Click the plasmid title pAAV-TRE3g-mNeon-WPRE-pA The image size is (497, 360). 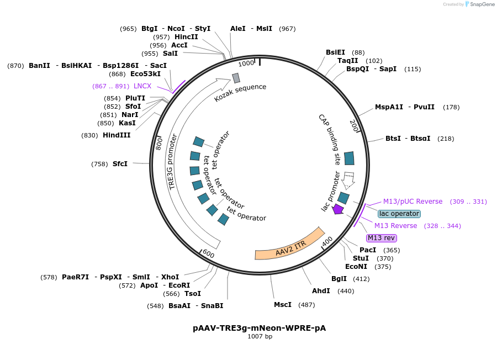(259, 327)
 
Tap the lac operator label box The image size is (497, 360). (399, 214)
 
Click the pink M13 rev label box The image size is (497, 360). (382, 238)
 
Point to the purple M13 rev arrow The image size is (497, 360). (338, 209)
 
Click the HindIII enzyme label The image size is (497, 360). (117, 135)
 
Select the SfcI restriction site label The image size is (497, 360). (120, 164)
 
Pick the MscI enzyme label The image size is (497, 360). (283, 305)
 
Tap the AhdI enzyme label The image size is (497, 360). (321, 291)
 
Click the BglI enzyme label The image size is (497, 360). (339, 279)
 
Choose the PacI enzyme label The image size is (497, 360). (368, 250)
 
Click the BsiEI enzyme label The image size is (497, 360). (335, 52)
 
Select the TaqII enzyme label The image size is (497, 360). (348, 61)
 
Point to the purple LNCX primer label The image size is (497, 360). (142, 86)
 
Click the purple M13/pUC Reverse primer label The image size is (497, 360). (413, 202)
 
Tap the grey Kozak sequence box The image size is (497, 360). (236, 78)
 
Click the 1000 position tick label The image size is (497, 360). (246, 63)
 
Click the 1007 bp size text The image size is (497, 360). (260, 336)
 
